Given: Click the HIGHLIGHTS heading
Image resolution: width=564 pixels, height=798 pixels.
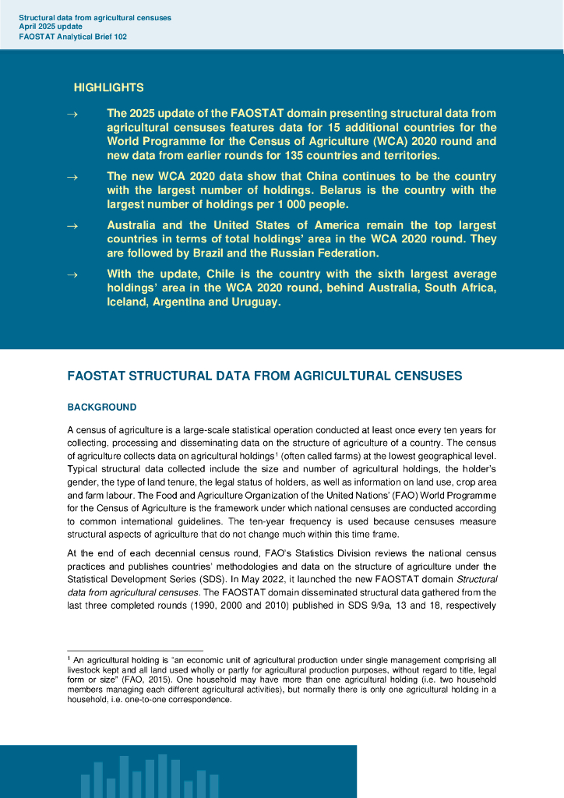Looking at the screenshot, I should (x=108, y=88).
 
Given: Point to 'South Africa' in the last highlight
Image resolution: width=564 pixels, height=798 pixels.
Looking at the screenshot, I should (x=459, y=288).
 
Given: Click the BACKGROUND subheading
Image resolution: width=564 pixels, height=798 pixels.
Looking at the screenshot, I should (x=102, y=408).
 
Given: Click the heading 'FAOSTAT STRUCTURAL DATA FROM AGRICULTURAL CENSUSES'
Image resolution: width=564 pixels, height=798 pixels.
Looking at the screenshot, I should (x=265, y=376).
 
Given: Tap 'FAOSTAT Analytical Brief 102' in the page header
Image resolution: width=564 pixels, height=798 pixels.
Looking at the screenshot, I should (x=72, y=36).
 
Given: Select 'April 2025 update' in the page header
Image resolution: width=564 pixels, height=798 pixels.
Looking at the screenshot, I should (x=51, y=26).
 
